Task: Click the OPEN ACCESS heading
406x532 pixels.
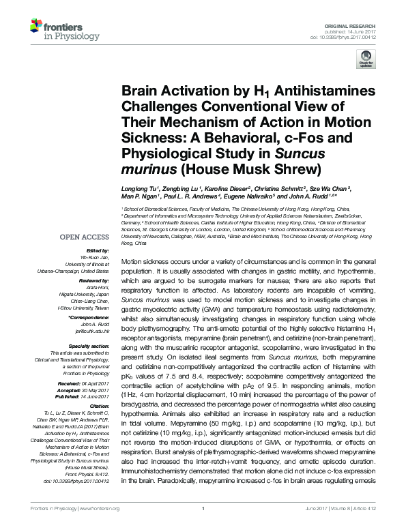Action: click(x=84, y=237)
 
